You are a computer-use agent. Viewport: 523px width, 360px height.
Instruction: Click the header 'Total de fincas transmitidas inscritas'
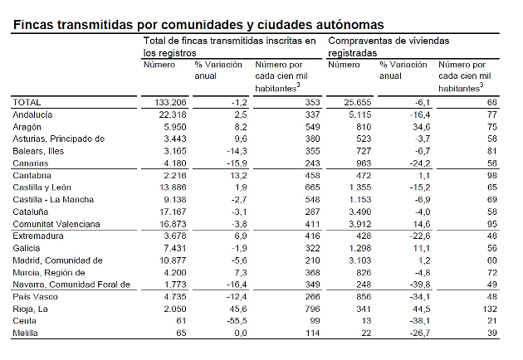coord(230,46)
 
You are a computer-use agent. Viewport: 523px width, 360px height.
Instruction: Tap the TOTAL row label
coord(28,101)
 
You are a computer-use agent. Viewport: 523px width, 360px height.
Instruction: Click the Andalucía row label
coord(33,114)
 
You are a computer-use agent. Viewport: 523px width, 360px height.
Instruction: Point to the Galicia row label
coord(27,248)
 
